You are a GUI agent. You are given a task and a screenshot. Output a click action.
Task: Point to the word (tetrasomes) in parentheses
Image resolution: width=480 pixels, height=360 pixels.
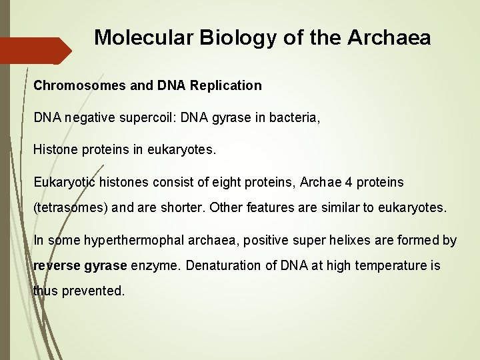pyautogui.click(x=71, y=207)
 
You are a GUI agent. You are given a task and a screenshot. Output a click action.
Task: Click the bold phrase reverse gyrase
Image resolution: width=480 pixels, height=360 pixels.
pyautogui.click(x=80, y=265)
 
